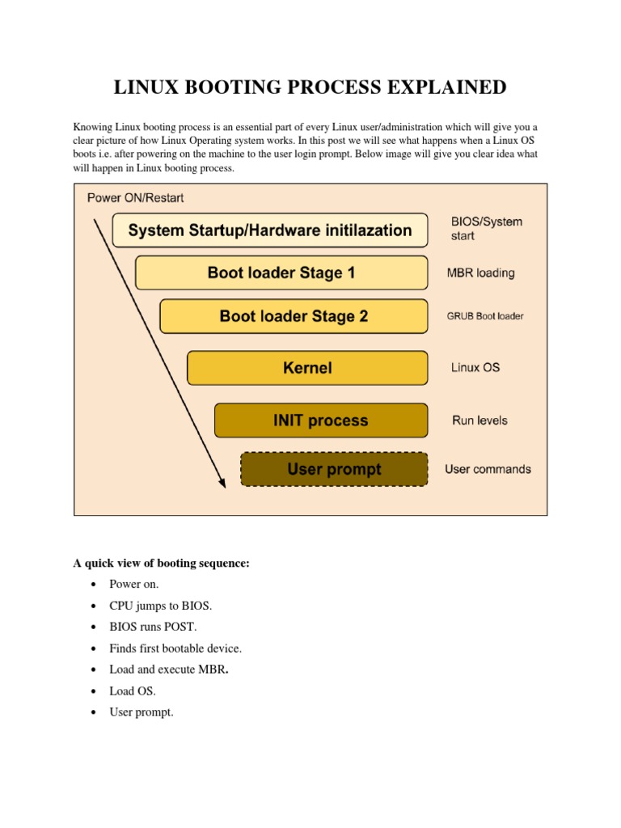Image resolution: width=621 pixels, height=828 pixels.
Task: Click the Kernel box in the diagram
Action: [307, 368]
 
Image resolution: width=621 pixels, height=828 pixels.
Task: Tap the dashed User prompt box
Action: [334, 469]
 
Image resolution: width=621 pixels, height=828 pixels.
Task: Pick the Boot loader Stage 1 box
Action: [281, 273]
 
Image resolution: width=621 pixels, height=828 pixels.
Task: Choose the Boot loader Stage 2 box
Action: [294, 316]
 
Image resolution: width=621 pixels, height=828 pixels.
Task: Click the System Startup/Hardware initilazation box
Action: [269, 230]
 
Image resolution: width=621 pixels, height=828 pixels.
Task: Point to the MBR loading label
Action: [480, 273]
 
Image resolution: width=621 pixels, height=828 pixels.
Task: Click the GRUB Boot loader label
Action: [484, 316]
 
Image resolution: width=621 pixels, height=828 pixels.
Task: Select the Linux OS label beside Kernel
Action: [475, 368]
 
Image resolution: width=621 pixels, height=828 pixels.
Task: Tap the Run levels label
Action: [479, 420]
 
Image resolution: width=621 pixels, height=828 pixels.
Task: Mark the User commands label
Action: [488, 469]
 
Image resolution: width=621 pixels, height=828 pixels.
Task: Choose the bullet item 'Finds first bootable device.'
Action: [175, 648]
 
